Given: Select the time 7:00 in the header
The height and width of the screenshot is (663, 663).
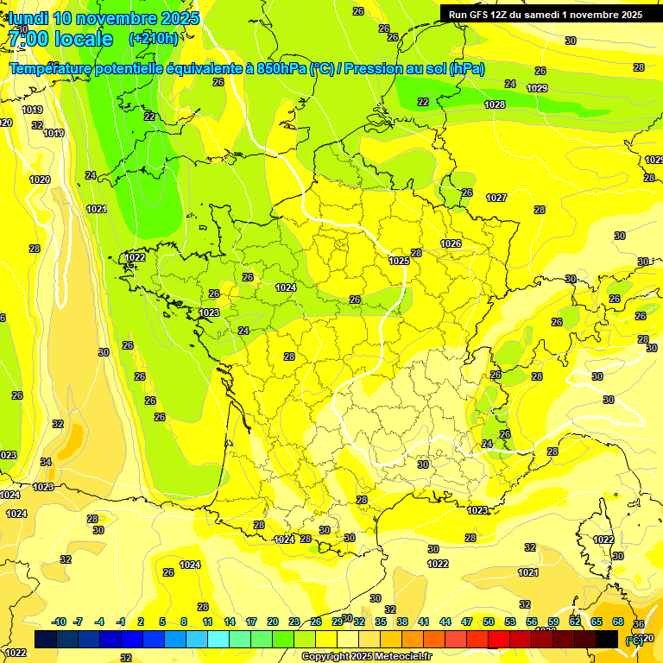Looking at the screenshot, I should point(27,39).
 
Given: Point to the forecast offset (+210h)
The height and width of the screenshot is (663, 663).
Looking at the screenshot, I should point(154,39).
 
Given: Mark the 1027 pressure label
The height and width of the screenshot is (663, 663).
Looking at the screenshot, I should point(496,198).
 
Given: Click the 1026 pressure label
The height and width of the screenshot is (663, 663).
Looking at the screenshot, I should point(451,243).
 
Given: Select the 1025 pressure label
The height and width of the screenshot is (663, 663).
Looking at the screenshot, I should point(399,261).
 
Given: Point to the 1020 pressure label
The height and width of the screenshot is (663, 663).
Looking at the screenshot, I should point(39,180).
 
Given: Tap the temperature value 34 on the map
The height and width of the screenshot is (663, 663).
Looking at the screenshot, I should point(46,462).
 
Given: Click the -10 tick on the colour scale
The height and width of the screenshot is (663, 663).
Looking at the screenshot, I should point(59,622).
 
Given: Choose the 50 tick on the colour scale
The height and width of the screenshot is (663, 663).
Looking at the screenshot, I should point(489,622).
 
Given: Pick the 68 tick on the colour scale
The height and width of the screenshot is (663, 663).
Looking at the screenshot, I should point(618,622).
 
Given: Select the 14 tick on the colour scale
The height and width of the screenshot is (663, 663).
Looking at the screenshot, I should point(230,622).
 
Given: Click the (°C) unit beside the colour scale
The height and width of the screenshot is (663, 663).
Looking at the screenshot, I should point(634,640).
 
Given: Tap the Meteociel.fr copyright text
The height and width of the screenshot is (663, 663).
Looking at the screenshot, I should point(366,657).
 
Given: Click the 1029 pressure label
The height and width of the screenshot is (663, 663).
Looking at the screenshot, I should point(537,88).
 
